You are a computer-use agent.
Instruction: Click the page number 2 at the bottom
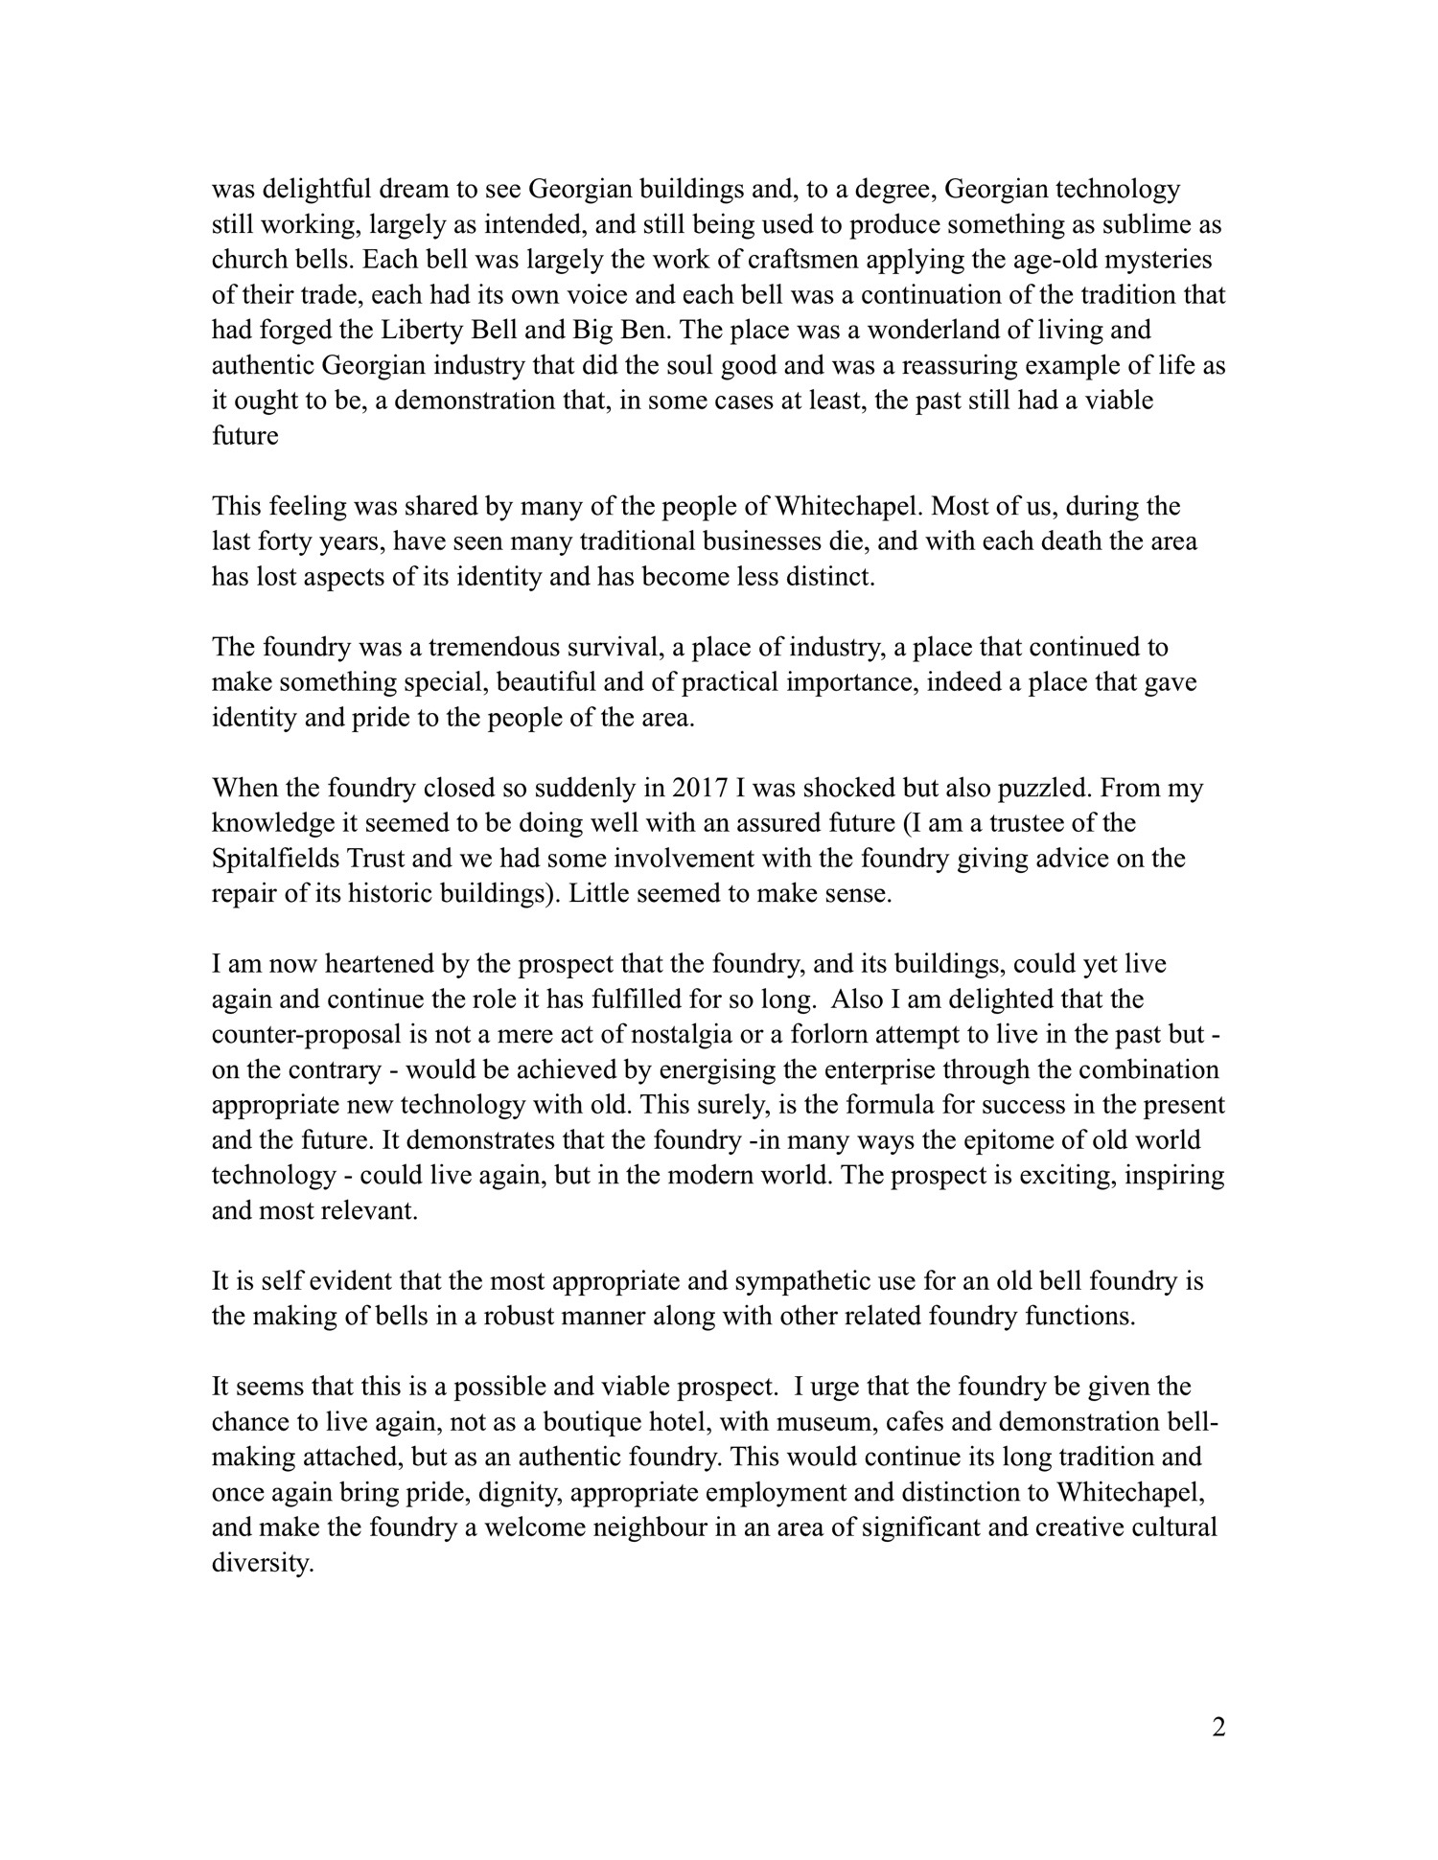click(x=1218, y=1728)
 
